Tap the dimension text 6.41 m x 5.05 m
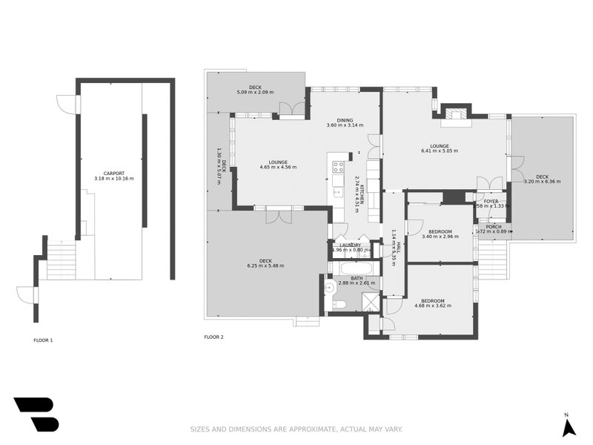coord(440,151)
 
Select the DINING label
coord(345,120)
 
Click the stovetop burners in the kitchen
coord(339,167)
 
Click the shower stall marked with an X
coord(369,301)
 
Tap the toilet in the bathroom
coord(337,304)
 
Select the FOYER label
coord(491,201)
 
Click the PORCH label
coord(494,227)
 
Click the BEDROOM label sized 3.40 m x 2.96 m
coord(440,231)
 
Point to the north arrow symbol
coord(569,427)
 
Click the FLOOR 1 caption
coord(43,340)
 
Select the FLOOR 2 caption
coord(213,337)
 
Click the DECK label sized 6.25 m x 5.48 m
coord(265,260)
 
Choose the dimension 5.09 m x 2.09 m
coord(255,93)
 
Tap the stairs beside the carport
coord(61,261)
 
